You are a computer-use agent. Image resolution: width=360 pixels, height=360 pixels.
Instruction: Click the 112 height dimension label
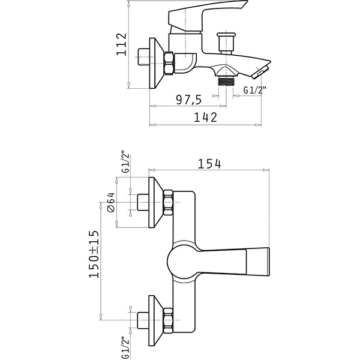[x=121, y=44]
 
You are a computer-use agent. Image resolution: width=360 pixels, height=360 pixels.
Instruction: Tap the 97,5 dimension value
[x=189, y=100]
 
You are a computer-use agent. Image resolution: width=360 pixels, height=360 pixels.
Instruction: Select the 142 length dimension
[x=205, y=117]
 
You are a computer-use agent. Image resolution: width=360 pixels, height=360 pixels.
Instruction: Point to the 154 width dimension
[x=209, y=164]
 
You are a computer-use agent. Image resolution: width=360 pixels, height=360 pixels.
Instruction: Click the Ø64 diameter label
[x=111, y=202]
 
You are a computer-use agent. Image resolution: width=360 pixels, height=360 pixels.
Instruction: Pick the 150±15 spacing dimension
[x=94, y=254]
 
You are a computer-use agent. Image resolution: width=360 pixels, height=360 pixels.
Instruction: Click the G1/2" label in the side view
[x=255, y=90]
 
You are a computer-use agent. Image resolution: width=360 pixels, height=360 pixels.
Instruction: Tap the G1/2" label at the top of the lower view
[x=126, y=161]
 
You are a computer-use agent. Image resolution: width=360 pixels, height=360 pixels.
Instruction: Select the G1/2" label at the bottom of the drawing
[x=126, y=347]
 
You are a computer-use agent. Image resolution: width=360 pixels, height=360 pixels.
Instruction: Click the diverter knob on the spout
[x=226, y=43]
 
